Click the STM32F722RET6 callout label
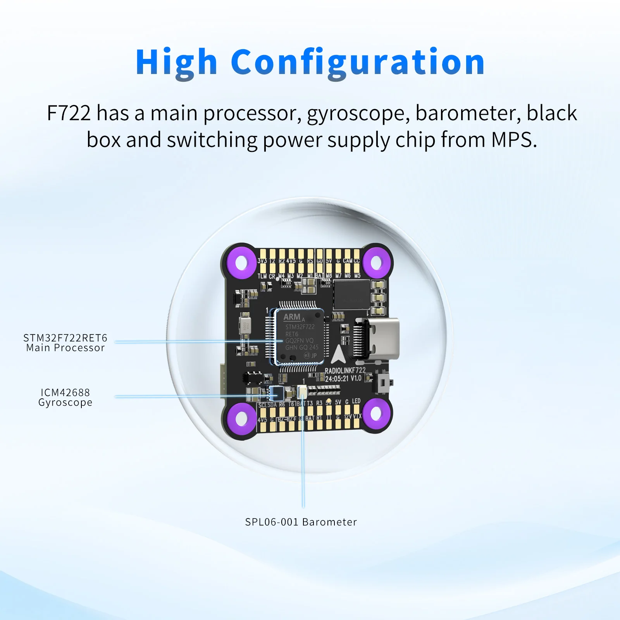[65, 338]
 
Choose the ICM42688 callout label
[65, 393]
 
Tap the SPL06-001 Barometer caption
[301, 522]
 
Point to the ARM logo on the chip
[292, 317]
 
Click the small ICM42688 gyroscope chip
[277, 393]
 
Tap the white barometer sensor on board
[302, 392]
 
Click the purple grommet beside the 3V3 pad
[241, 262]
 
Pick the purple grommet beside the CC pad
[376, 262]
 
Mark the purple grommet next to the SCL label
[241, 418]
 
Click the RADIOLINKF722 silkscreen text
[345, 370]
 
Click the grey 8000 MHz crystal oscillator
[245, 325]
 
